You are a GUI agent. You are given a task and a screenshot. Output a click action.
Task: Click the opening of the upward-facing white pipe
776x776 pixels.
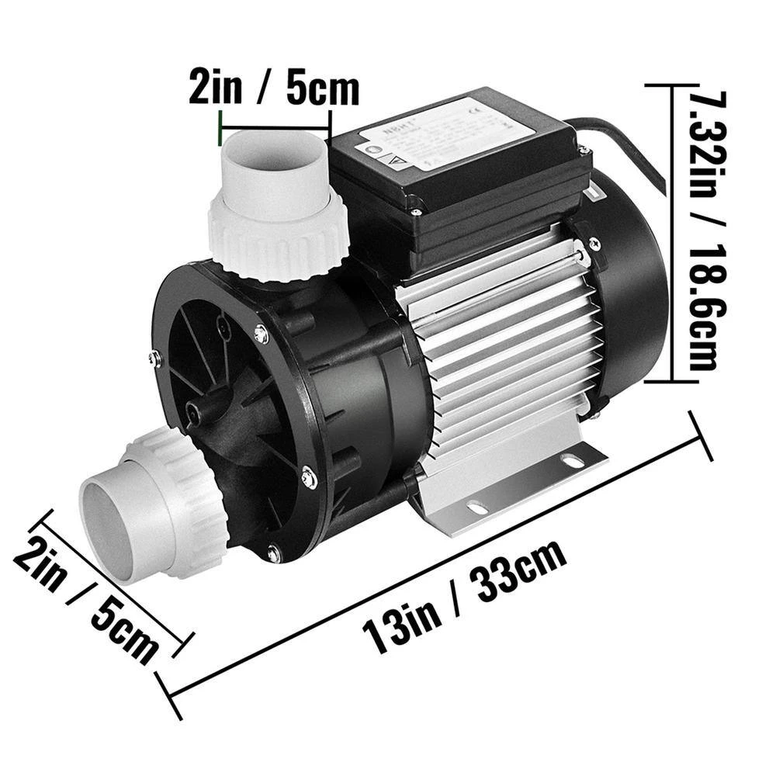(x=275, y=147)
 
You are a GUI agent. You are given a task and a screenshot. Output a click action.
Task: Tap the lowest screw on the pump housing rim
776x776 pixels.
(x=273, y=553)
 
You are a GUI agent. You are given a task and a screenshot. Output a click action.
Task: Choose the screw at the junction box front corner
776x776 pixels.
(x=417, y=208)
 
